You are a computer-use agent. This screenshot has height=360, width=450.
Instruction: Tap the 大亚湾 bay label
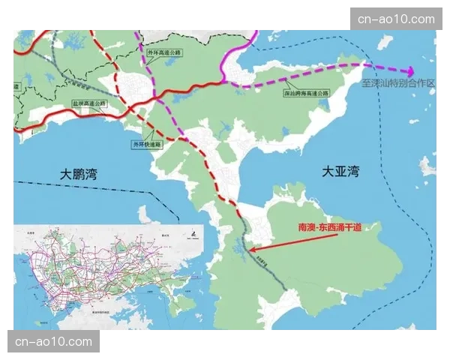[341, 172]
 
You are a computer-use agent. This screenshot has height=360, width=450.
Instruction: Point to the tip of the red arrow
[250, 251]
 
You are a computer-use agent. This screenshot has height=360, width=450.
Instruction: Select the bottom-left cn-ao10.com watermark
[53, 342]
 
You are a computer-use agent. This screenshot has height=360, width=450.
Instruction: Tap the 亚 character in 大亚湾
[341, 172]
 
